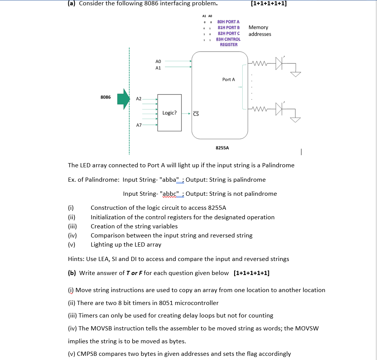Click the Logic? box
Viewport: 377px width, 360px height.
click(x=169, y=113)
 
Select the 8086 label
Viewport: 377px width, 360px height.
click(x=106, y=97)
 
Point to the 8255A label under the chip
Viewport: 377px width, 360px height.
click(x=222, y=148)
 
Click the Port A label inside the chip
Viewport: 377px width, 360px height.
click(x=229, y=80)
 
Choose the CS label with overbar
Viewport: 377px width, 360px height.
click(x=196, y=113)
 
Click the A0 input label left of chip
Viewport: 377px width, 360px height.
click(x=158, y=61)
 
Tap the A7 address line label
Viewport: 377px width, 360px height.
click(x=139, y=124)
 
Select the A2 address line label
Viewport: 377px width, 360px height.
click(x=139, y=99)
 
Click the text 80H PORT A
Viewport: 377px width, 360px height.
click(x=228, y=22)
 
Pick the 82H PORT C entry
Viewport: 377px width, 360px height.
click(x=228, y=33)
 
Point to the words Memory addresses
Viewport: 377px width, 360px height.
click(x=260, y=31)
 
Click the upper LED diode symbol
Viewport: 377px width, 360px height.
click(x=279, y=63)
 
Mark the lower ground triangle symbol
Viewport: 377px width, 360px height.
click(x=295, y=120)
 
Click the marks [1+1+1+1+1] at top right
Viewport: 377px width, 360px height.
click(x=269, y=3)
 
